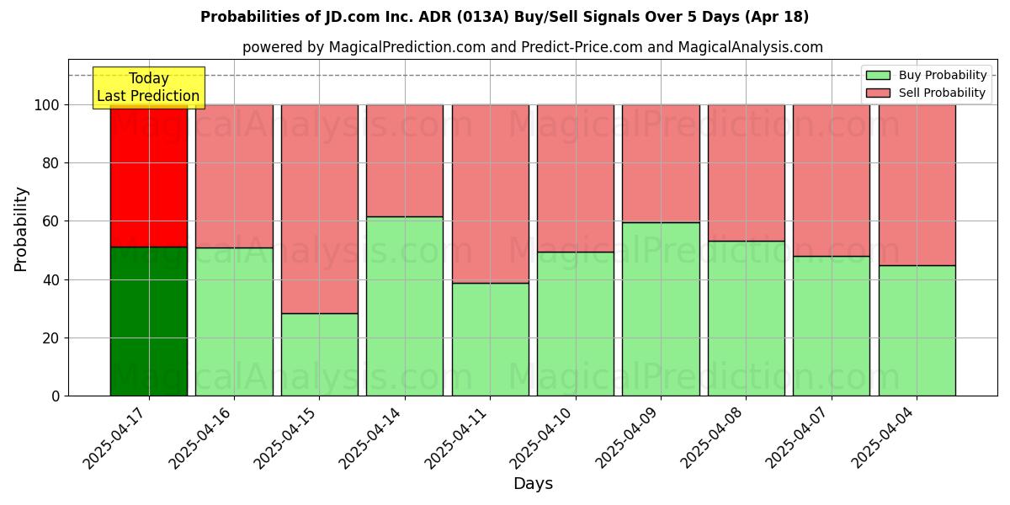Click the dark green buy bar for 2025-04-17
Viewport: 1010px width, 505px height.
149,321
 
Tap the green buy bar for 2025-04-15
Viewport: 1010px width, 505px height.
320,354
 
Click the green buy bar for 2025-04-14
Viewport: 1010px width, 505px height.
405,306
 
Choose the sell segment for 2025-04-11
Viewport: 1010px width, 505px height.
491,194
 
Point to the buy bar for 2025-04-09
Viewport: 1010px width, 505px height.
661,309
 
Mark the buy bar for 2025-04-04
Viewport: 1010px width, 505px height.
917,330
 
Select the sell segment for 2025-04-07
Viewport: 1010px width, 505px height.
832,180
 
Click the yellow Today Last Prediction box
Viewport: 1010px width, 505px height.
149,88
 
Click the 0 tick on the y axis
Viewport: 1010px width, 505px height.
56,396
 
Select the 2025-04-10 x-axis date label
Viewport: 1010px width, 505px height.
544,438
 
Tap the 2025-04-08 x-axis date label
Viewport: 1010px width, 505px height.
715,438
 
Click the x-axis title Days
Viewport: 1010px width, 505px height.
533,484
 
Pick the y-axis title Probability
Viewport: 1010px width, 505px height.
21,229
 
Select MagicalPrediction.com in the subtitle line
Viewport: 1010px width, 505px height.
407,48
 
